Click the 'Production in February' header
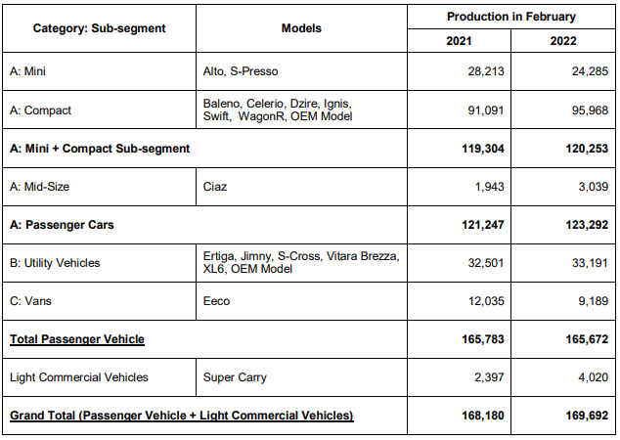pos(510,17)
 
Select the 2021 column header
pos(459,41)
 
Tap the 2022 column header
pos(563,41)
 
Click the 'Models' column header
pos(301,28)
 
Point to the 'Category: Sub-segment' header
pos(99,28)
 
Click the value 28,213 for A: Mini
pos(486,71)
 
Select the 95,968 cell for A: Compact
pos(590,110)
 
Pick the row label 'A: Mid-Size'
pos(39,187)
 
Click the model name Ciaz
pos(215,187)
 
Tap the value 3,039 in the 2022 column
pos(594,187)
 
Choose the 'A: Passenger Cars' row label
pos(62,225)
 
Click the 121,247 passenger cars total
pos(483,225)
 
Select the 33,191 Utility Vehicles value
pos(590,263)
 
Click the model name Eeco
pos(216,301)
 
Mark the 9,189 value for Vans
pos(594,301)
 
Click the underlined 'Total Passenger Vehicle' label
pos(77,339)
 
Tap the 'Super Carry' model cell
pos(235,377)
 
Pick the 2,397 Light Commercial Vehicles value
pos(489,377)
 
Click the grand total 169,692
pos(587,416)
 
